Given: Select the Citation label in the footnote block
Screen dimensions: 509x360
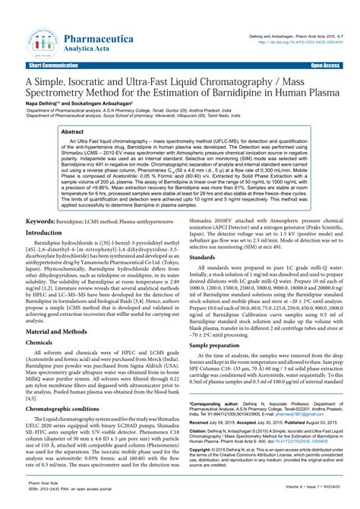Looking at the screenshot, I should pos(199,449).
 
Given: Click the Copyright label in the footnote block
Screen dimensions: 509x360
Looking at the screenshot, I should pos(201,470).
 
